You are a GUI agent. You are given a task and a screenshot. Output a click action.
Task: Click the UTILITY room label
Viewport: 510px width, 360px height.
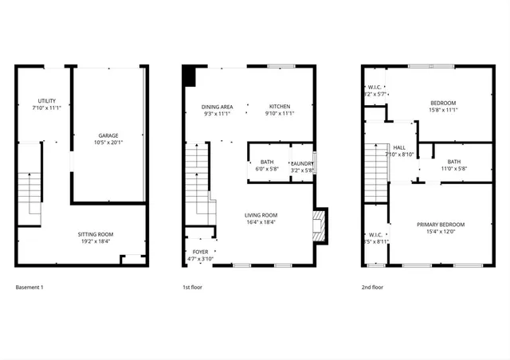pos(47,100)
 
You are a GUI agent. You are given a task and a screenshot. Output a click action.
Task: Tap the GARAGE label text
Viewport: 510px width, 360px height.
pos(108,136)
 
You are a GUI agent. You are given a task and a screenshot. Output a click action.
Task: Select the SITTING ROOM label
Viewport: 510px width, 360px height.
pos(94,234)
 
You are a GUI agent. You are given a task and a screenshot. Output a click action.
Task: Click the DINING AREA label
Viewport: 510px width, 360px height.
pos(217,107)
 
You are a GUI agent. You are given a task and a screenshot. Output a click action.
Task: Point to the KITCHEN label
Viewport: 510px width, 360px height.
pos(279,107)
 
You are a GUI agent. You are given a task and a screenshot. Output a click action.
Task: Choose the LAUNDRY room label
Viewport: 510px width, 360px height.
pos(303,163)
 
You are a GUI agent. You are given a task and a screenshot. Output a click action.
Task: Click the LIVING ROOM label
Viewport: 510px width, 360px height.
pos(261,215)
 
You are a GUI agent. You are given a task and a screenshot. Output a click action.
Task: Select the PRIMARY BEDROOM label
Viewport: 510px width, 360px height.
pos(441,225)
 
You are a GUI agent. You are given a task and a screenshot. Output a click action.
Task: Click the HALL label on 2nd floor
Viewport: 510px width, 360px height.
pos(399,147)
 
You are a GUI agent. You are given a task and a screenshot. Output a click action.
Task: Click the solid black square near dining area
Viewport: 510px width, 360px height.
pos(189,76)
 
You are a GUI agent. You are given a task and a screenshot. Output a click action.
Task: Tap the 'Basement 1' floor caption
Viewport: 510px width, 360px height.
pos(29,287)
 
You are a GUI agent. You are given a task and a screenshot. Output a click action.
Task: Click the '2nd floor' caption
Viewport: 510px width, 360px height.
pos(373,287)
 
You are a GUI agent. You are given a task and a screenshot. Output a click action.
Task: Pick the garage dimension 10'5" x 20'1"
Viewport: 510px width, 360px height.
pos(108,144)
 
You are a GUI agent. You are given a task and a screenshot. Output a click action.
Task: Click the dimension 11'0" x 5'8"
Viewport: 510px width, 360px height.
pos(453,169)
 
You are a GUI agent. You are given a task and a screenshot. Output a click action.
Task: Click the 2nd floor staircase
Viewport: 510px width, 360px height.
pos(375,174)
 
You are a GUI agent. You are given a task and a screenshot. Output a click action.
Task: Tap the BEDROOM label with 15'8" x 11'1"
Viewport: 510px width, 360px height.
pos(443,103)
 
